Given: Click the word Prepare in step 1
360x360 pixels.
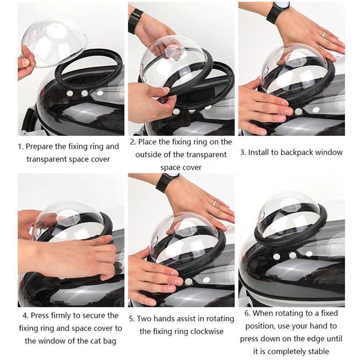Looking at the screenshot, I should tap(40, 146).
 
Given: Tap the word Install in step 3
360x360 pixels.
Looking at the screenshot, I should tap(263, 152).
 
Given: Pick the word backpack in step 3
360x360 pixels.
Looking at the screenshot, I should tap(297, 152).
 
